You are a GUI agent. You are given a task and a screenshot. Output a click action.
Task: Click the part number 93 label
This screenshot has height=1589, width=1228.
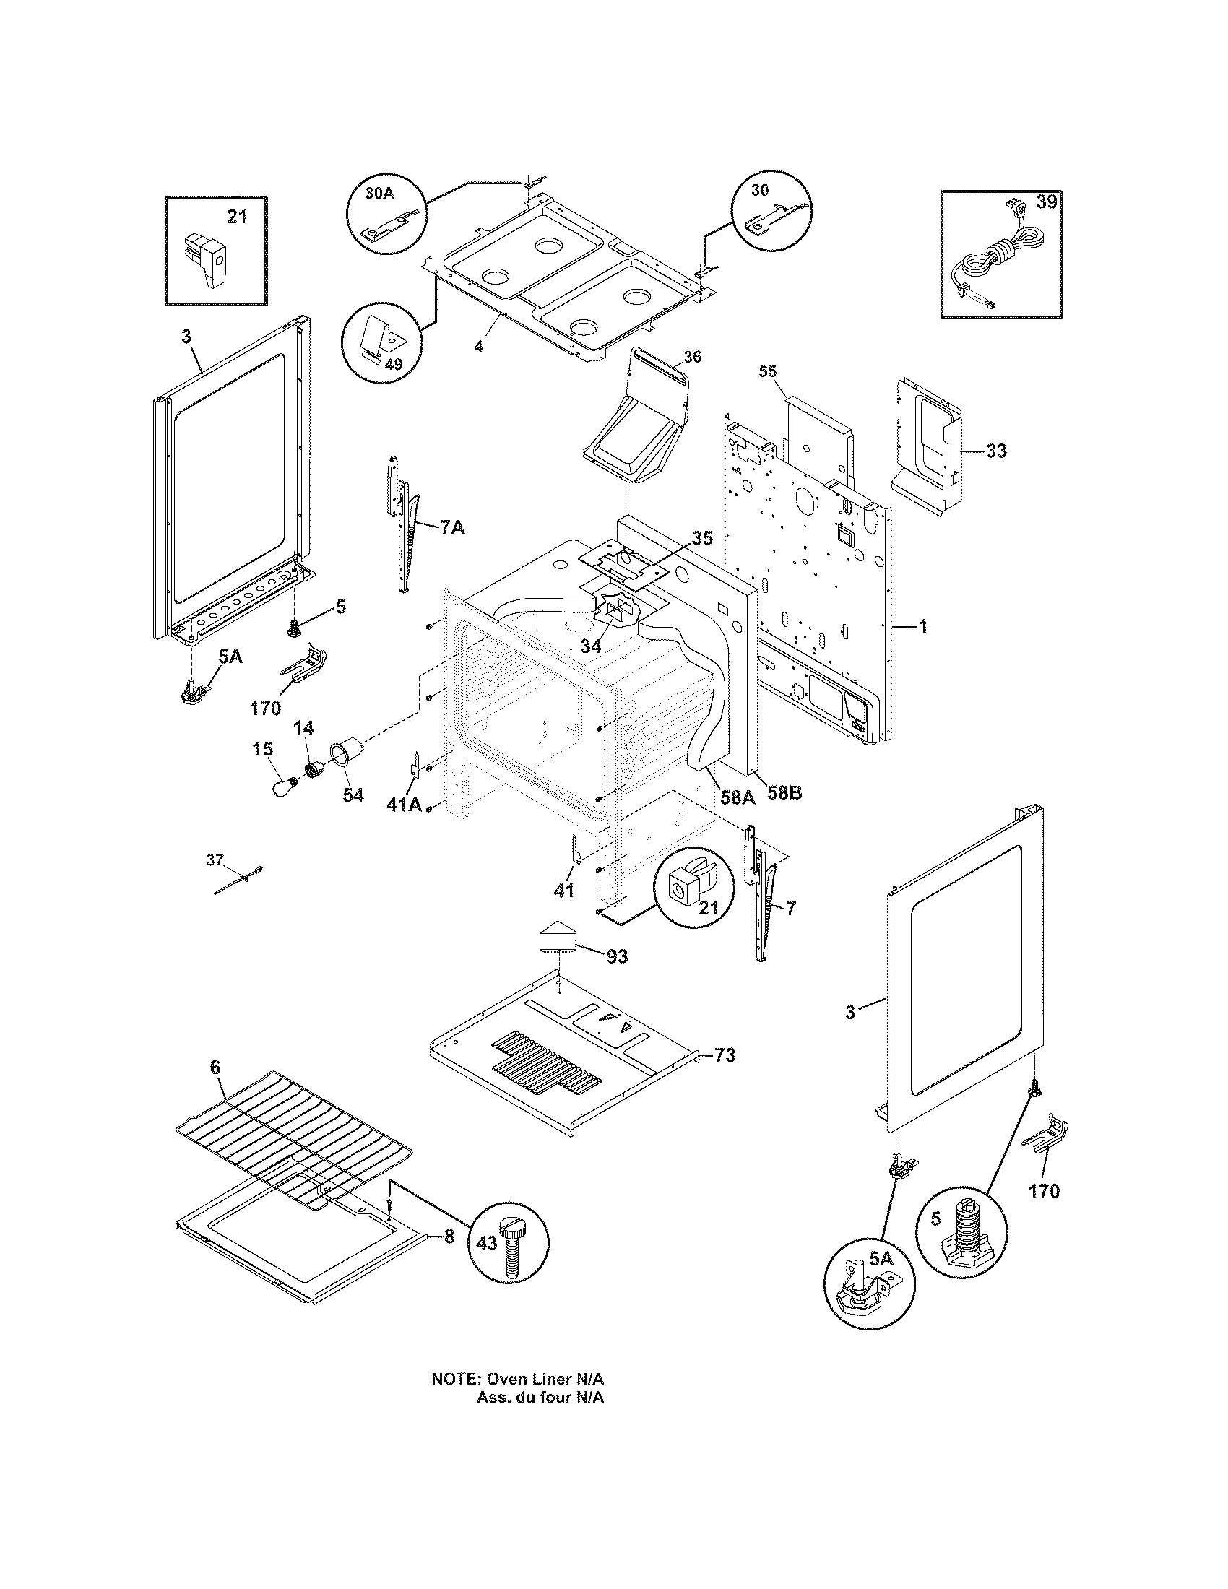tap(617, 957)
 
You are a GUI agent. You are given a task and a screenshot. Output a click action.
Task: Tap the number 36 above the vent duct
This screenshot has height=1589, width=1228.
tap(693, 358)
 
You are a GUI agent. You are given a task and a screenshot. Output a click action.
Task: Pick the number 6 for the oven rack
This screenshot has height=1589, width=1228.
tap(215, 1068)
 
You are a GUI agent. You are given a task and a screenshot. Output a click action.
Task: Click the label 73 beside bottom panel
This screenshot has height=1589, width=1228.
tap(725, 1055)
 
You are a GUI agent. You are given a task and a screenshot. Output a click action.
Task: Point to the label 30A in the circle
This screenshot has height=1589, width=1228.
tap(379, 194)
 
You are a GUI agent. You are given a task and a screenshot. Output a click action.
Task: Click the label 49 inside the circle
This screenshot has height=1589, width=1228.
tap(393, 365)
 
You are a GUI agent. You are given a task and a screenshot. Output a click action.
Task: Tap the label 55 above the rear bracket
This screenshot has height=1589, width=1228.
tap(767, 371)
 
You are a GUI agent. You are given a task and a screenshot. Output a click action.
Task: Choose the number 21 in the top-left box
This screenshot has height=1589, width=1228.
tap(236, 216)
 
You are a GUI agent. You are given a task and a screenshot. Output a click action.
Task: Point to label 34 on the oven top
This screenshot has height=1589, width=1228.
tap(591, 645)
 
